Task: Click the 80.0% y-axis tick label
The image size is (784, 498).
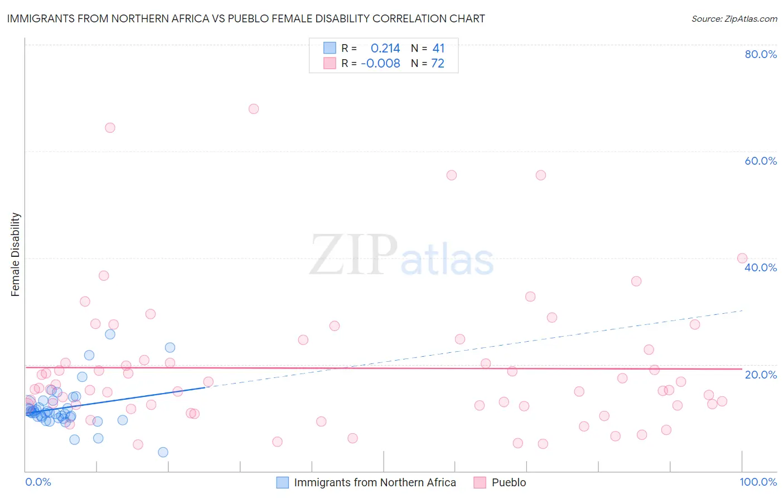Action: click(761, 54)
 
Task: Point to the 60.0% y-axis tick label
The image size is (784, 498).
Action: click(761, 161)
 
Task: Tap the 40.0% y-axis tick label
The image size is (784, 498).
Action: click(761, 267)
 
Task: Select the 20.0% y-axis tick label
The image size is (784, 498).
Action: click(761, 375)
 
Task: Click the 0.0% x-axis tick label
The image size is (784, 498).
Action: click(38, 482)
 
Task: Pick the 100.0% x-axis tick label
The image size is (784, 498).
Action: click(758, 482)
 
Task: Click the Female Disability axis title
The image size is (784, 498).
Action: click(16, 255)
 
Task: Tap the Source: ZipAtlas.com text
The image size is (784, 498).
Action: click(734, 19)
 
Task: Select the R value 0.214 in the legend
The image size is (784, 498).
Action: click(385, 49)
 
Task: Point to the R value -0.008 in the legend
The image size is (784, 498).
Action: click(380, 64)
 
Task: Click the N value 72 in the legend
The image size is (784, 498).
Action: click(438, 64)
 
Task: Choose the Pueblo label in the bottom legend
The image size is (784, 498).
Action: click(509, 482)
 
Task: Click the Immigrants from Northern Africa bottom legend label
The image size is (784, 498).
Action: click(375, 482)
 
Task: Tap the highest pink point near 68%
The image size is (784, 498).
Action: click(254, 109)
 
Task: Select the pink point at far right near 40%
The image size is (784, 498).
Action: click(742, 258)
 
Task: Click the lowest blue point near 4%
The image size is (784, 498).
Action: click(163, 452)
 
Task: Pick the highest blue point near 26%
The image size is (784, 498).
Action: click(110, 334)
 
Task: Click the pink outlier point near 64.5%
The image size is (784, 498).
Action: click(110, 128)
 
